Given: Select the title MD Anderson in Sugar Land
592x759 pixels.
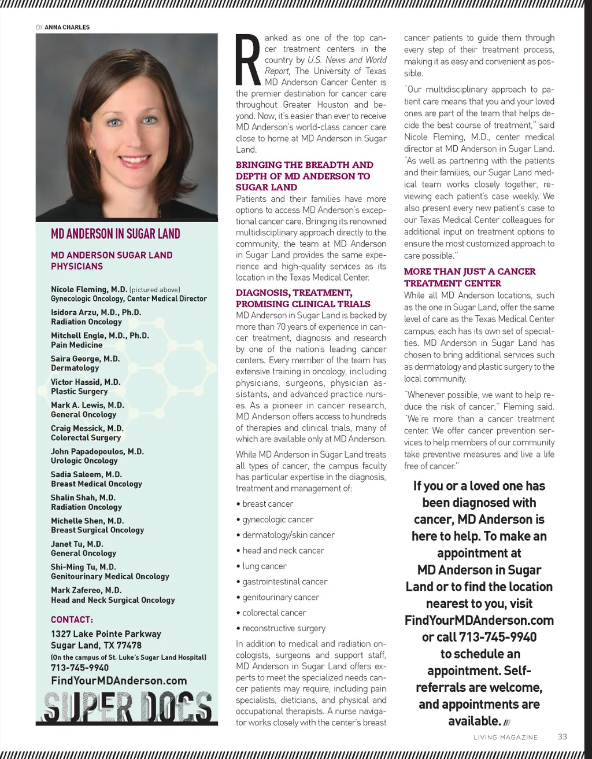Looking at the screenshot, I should click(x=116, y=234).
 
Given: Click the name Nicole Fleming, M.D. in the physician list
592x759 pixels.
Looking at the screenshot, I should click(x=89, y=289).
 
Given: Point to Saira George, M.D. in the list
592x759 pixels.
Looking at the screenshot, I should click(x=85, y=359).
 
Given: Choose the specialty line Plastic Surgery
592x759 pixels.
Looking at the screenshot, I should click(x=79, y=391).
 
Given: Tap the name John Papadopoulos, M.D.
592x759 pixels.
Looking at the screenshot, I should click(x=97, y=451).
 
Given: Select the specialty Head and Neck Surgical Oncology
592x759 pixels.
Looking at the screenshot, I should click(x=113, y=600).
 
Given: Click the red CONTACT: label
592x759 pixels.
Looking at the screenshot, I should click(x=72, y=620).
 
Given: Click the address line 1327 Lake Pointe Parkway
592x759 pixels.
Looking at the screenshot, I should click(x=106, y=634).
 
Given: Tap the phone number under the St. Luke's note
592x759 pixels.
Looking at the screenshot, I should click(x=80, y=668).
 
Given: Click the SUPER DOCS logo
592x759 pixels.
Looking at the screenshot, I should click(x=127, y=707).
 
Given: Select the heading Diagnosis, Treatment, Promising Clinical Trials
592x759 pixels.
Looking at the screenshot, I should click(x=303, y=298).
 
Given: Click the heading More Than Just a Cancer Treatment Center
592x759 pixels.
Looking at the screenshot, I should click(x=469, y=277).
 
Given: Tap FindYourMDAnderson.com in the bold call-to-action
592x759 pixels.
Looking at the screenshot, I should click(x=479, y=620).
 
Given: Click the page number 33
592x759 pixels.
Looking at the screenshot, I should click(x=563, y=736).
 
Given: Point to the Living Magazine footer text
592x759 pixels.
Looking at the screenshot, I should click(x=505, y=738).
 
